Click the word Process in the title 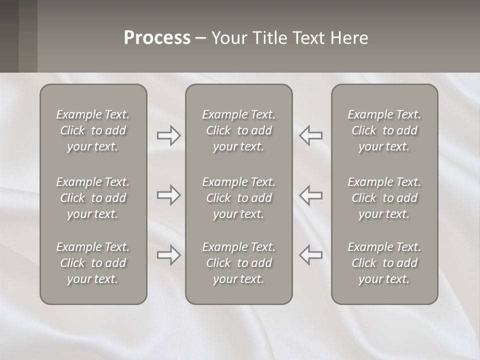point(157,38)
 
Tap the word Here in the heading point(348,38)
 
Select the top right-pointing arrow point(169,135)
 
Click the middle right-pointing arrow point(169,195)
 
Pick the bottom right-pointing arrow point(169,255)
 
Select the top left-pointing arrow point(311,135)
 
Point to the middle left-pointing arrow point(311,195)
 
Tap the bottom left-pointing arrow point(311,255)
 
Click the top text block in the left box point(93,130)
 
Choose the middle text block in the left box point(93,198)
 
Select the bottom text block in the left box point(93,263)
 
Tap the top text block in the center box point(239,130)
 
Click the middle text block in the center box point(239,198)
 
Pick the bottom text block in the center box point(239,263)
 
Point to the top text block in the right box point(384,130)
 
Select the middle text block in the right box point(384,198)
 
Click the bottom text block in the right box point(384,263)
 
